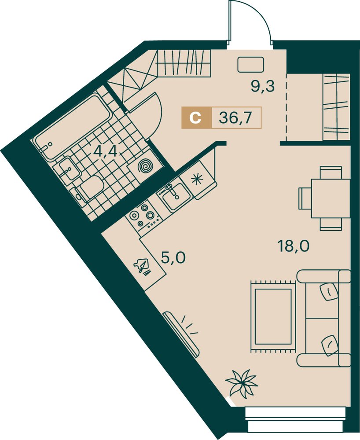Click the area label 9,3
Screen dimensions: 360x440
coord(262,86)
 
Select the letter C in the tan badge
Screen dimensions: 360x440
coord(195,118)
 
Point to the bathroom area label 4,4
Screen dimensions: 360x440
coord(105,152)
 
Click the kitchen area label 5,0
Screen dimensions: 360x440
coord(173,257)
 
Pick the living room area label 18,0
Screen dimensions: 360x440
coord(294,246)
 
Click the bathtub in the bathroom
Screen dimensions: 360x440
coord(72,128)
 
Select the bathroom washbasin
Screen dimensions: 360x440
coord(67,169)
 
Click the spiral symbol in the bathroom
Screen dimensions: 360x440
coord(145,167)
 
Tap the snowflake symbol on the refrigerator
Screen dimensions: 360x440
coord(197,179)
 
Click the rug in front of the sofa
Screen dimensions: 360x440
coord(273,316)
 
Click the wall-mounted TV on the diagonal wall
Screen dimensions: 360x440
coord(181,334)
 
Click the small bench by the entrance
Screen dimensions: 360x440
coord(250,64)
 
